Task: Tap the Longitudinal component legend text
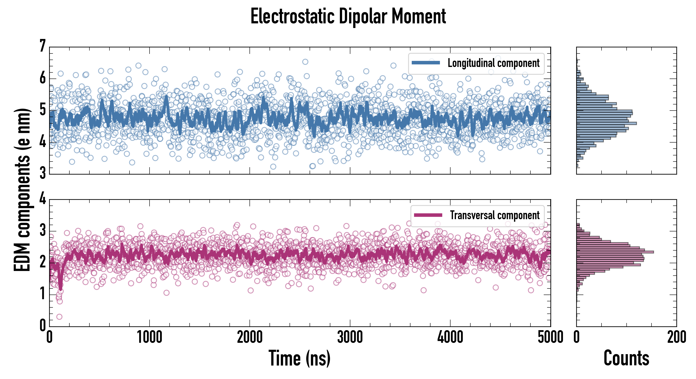click(493, 63)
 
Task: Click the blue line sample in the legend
click(426, 63)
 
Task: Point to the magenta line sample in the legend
click(428, 215)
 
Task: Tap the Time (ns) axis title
click(299, 358)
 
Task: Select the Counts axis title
click(626, 358)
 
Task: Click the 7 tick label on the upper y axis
click(42, 46)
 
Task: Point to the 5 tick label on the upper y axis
click(42, 110)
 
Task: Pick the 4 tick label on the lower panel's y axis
click(42, 199)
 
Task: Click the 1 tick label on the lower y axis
click(42, 294)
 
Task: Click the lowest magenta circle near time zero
click(59, 317)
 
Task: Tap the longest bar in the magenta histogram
click(615, 252)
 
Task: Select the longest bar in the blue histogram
click(606, 123)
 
